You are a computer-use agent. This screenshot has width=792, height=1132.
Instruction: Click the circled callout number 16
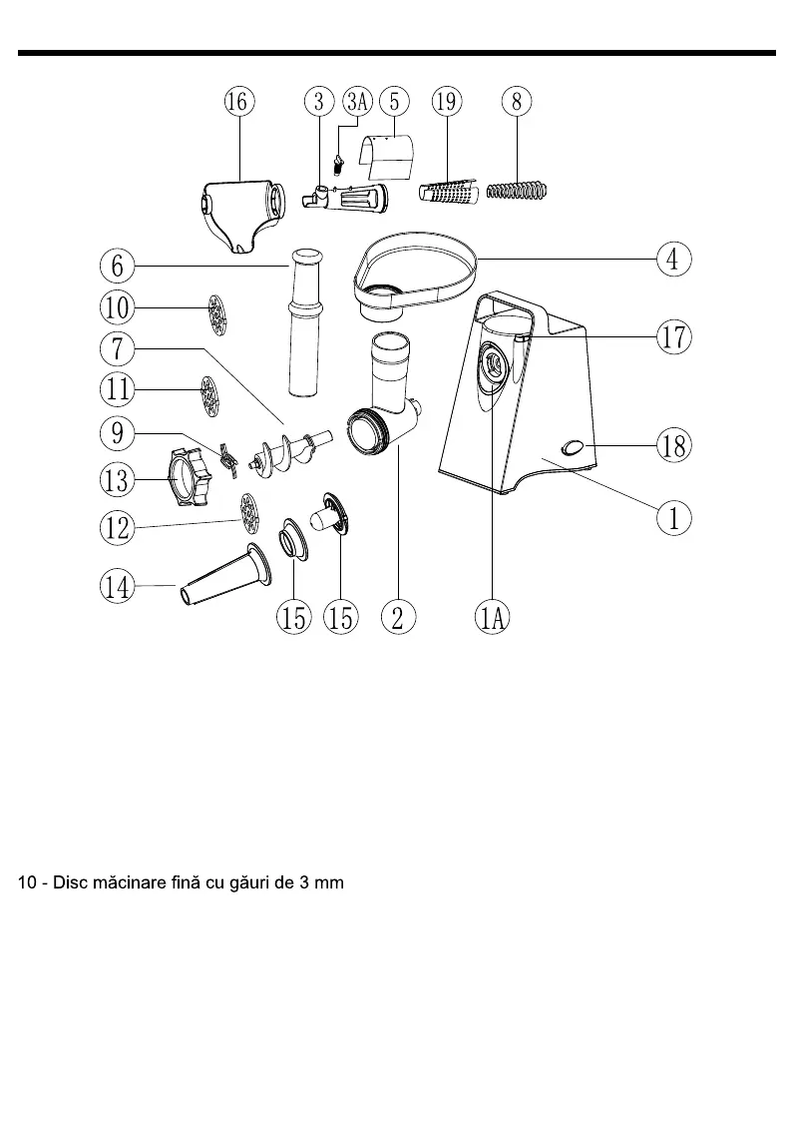239,101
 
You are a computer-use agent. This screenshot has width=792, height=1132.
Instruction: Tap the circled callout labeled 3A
357,101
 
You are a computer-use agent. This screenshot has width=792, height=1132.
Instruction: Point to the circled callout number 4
673,259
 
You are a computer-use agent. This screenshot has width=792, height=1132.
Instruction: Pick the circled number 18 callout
673,445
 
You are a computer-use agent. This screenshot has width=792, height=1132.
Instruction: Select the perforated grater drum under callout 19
446,190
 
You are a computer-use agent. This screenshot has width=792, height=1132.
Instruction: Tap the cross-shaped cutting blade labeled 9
227,456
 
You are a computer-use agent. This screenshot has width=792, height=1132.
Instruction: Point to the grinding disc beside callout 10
215,313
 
